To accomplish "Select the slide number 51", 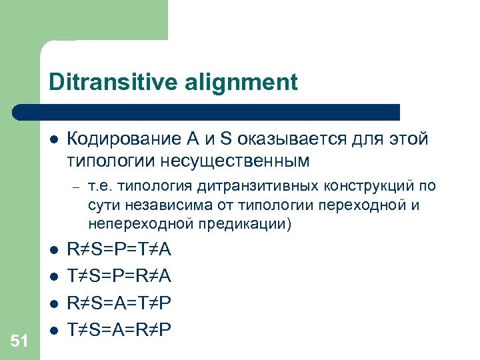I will [19, 341].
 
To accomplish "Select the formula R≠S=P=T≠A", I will [119, 250].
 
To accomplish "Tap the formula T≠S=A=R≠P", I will [119, 329].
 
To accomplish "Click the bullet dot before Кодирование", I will [53, 141].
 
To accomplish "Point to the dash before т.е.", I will [77, 187].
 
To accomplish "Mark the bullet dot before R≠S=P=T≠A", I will [53, 251].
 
